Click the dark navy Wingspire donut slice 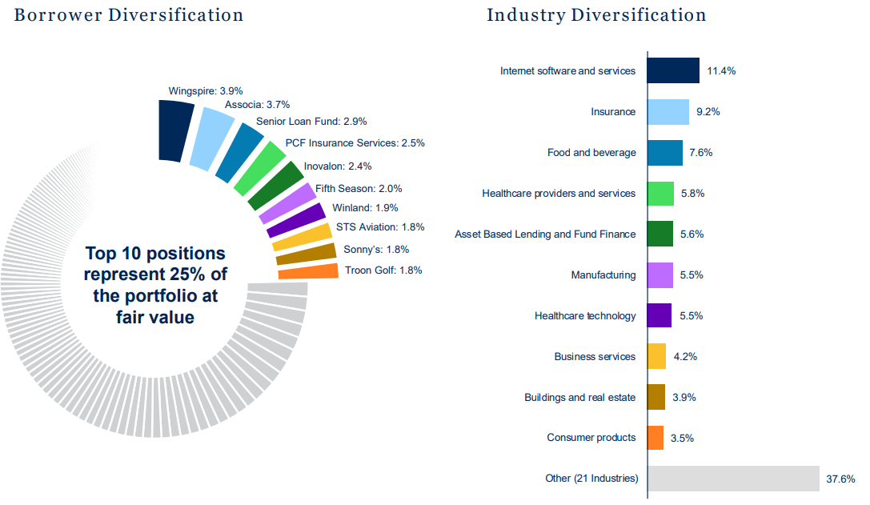pyautogui.click(x=175, y=130)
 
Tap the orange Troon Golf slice pyautogui.click(x=308, y=271)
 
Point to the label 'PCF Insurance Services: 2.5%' pyautogui.click(x=355, y=143)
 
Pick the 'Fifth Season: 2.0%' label pyautogui.click(x=359, y=189)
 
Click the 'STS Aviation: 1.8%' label pyautogui.click(x=380, y=227)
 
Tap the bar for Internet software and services pyautogui.click(x=673, y=70)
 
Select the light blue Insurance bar pyautogui.click(x=668, y=112)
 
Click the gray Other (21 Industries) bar pyautogui.click(x=733, y=479)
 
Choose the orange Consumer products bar pyautogui.click(x=656, y=438)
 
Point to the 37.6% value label pyautogui.click(x=840, y=479)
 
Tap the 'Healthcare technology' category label pyautogui.click(x=585, y=316)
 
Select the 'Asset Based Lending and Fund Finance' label pyautogui.click(x=545, y=234)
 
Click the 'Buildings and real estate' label pyautogui.click(x=579, y=398)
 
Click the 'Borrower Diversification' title pyautogui.click(x=128, y=14)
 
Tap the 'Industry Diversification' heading pyautogui.click(x=596, y=14)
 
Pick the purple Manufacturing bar pyautogui.click(x=660, y=275)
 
